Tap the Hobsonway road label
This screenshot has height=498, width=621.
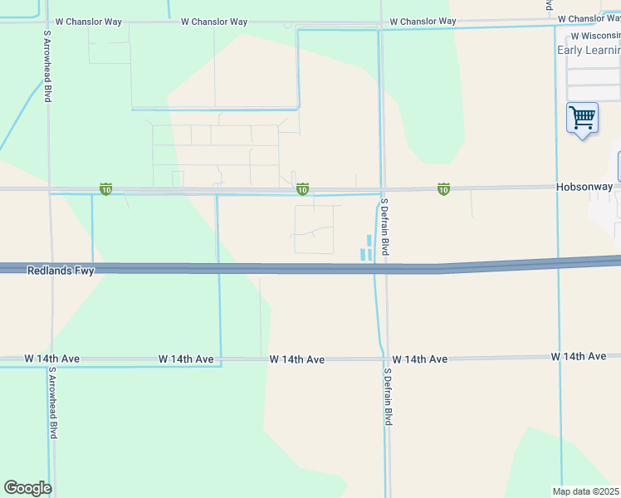pyautogui.click(x=584, y=188)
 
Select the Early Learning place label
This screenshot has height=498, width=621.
pyautogui.click(x=588, y=50)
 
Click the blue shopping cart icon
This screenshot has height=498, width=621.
pyautogui.click(x=582, y=118)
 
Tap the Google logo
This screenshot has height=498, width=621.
pyautogui.click(x=27, y=488)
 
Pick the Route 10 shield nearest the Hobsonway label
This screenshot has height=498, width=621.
pyautogui.click(x=444, y=190)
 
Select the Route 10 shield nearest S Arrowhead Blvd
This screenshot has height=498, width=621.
pyautogui.click(x=105, y=190)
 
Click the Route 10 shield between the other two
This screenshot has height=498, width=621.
pyautogui.click(x=303, y=190)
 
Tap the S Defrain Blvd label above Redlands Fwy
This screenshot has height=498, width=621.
pyautogui.click(x=384, y=227)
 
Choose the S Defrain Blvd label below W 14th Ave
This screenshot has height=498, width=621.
pyautogui.click(x=388, y=397)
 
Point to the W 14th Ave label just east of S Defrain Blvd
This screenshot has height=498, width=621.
pyautogui.click(x=419, y=359)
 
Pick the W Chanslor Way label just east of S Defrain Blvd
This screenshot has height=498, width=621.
pyautogui.click(x=422, y=21)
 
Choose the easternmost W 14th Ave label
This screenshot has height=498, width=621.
pyautogui.click(x=578, y=356)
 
